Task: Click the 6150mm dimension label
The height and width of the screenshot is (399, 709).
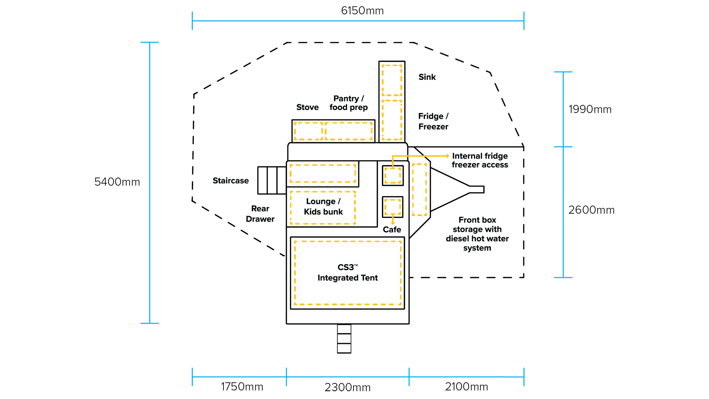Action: (x=362, y=11)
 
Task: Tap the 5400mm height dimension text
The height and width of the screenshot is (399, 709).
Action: (x=117, y=182)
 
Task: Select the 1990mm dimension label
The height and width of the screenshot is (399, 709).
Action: (x=590, y=109)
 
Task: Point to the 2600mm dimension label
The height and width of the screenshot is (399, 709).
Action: (x=591, y=210)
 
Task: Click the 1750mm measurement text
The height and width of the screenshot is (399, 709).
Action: (x=242, y=387)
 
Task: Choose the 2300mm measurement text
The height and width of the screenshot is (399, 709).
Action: (x=347, y=387)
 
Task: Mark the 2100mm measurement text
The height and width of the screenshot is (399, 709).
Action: (x=466, y=387)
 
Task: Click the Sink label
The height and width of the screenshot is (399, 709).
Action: (x=427, y=77)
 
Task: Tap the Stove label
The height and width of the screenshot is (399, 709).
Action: (x=307, y=107)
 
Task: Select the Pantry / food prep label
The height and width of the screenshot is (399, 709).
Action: (x=349, y=103)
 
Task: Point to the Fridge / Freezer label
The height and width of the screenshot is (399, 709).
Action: (x=433, y=121)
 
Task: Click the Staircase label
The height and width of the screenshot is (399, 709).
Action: (x=230, y=181)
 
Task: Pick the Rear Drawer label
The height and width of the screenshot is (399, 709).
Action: (x=260, y=214)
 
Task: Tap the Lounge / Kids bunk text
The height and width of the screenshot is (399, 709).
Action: (x=323, y=207)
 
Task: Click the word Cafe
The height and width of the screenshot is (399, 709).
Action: (x=392, y=229)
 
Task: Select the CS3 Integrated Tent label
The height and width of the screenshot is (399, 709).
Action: (x=347, y=273)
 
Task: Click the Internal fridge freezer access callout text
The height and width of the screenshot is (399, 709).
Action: (x=480, y=160)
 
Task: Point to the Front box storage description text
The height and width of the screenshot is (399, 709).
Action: (x=477, y=234)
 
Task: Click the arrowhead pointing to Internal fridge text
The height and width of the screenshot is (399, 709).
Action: (x=448, y=156)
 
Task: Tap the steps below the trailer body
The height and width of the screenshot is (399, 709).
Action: (x=344, y=339)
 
